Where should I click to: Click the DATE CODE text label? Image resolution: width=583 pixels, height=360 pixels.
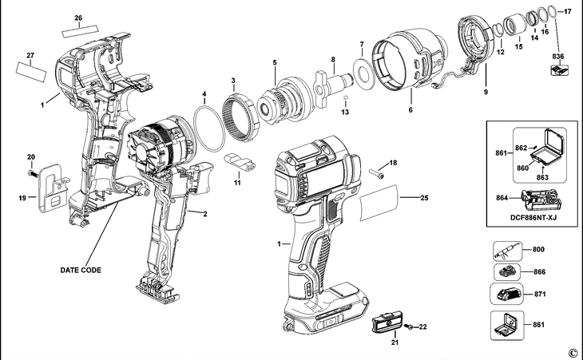(x=81, y=271)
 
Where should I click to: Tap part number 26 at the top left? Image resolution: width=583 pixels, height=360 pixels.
(x=78, y=18)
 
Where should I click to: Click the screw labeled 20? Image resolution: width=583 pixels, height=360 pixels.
(x=31, y=171)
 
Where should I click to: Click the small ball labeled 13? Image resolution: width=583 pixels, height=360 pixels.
(x=346, y=99)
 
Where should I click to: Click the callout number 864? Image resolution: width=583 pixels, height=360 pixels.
(x=502, y=196)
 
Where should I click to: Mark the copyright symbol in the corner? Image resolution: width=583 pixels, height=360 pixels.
(x=572, y=351)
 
